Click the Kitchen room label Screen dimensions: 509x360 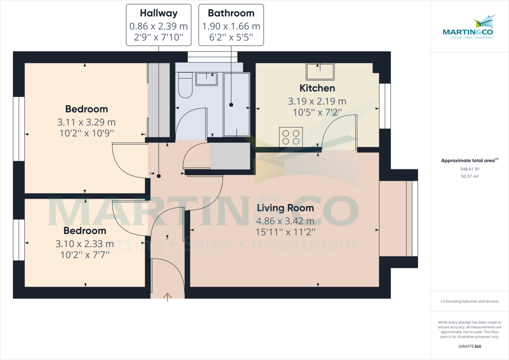317,88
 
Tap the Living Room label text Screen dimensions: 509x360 285,208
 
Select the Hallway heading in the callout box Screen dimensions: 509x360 159,13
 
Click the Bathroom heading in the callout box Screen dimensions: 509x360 231,13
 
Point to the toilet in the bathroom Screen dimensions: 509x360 185,85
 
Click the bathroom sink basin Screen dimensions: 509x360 206,79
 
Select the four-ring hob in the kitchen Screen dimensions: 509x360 291,137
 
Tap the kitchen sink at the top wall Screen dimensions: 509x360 320,72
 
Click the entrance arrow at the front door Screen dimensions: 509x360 168,297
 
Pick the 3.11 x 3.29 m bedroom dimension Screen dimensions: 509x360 87,122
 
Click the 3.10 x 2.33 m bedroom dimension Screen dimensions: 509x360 85,244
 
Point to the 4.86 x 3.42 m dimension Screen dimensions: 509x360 285,221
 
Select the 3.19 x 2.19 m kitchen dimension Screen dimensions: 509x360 317,101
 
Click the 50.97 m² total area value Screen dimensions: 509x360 470,176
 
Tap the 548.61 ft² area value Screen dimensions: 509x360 470,169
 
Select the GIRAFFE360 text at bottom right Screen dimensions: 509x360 470,346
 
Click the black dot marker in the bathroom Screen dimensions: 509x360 231,105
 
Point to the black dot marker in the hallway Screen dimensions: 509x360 159,176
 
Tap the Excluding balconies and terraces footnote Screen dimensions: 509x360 470,301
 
